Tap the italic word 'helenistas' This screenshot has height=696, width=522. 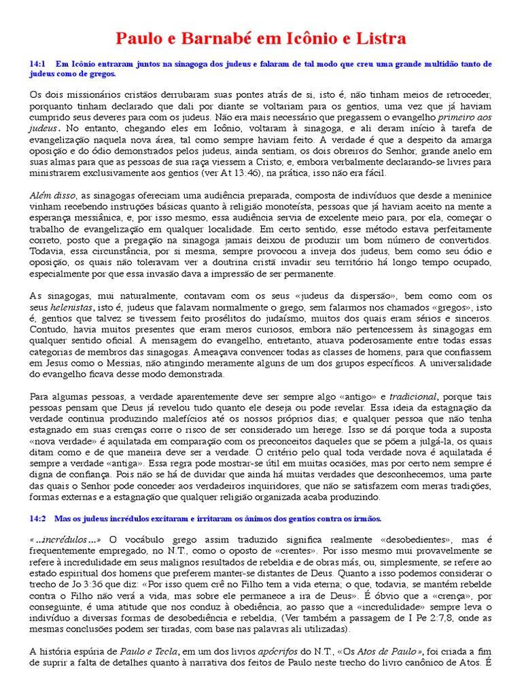click(x=68, y=308)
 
